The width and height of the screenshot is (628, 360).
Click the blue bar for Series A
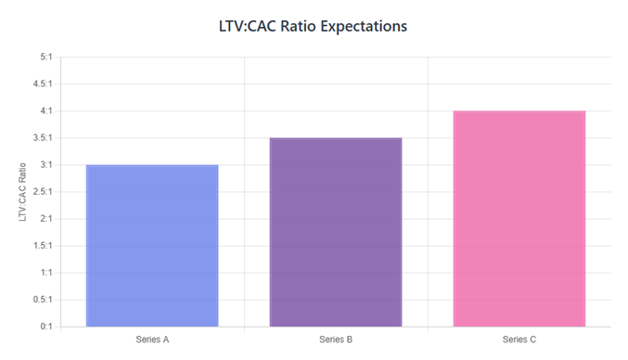pos(152,246)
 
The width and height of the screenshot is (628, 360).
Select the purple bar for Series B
pos(336,232)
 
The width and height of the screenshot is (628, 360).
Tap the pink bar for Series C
pos(519,219)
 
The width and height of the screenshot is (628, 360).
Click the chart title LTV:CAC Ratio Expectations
pos(314,26)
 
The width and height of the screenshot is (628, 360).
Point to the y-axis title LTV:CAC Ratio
pos(23,192)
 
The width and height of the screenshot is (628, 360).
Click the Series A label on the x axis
pos(152,340)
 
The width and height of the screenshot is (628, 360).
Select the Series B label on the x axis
pos(336,340)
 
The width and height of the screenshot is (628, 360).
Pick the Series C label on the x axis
pos(519,340)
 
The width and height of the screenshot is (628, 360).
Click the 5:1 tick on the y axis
pos(45,58)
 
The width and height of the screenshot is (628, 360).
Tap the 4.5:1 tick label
pos(42,84)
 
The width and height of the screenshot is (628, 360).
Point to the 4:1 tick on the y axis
pos(45,111)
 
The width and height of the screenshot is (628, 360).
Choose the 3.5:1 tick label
pos(42,138)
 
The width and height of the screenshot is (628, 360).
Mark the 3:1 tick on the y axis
pos(45,165)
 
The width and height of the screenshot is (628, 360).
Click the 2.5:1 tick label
pos(42,192)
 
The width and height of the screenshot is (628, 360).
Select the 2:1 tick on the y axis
pos(45,219)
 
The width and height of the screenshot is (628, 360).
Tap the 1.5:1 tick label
pos(42,246)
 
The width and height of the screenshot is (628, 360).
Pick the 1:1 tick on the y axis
pos(45,273)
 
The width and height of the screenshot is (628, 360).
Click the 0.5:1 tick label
pos(42,300)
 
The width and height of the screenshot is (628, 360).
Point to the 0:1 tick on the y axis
pos(45,327)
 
